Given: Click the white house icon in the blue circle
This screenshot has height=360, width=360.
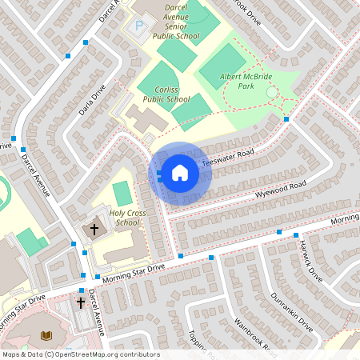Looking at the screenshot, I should click(180, 172).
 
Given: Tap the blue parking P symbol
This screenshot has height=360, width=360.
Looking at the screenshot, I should click(139, 26).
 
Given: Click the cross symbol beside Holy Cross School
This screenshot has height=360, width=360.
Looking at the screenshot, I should click(93, 230).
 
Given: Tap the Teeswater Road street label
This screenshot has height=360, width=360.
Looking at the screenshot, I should click(227, 157).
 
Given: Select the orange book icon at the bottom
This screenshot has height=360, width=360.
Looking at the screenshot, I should click(46, 334).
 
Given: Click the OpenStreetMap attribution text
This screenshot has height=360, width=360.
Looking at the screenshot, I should click(81, 354).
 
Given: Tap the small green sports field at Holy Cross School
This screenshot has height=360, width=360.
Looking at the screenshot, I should click(122, 193).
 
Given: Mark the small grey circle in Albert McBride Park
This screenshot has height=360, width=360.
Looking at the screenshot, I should click(272, 93).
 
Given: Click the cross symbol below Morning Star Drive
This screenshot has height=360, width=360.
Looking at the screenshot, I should click(80, 302).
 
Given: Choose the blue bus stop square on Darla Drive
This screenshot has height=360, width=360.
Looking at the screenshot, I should click(67, 55).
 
